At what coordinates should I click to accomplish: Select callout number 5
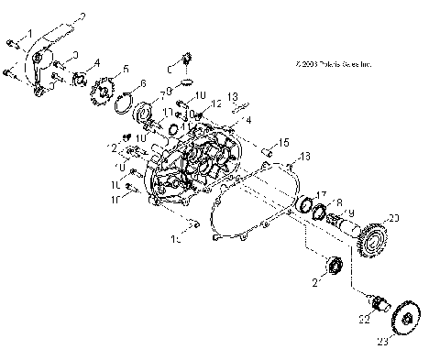126,69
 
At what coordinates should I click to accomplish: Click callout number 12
217,104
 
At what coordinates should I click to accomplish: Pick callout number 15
285,142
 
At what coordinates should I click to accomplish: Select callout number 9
349,213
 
